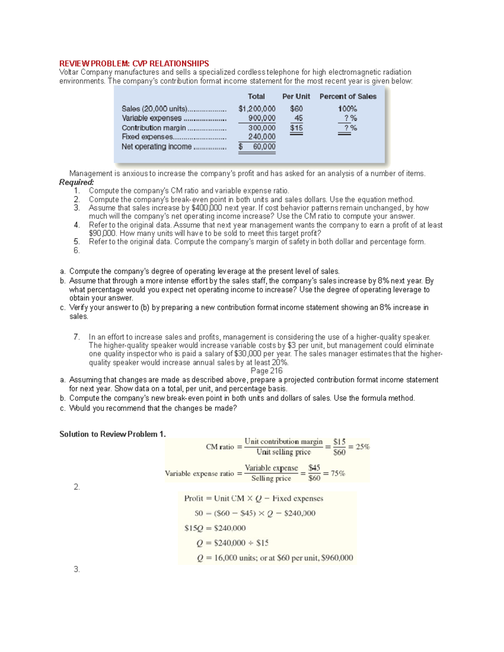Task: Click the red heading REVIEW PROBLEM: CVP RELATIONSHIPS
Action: pyautogui.click(x=134, y=63)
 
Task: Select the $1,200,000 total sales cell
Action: pyautogui.click(x=257, y=109)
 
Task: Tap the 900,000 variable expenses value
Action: pyautogui.click(x=262, y=118)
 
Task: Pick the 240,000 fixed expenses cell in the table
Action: pyautogui.click(x=262, y=137)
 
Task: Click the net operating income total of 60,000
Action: pyautogui.click(x=264, y=147)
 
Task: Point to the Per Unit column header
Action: pyautogui.click(x=296, y=97)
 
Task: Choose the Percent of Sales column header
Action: pyautogui.click(x=348, y=97)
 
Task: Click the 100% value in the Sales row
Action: pyautogui.click(x=347, y=109)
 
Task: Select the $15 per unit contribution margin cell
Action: pyautogui.click(x=296, y=128)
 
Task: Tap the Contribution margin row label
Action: pyautogui.click(x=154, y=128)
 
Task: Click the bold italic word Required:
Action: pyautogui.click(x=76, y=182)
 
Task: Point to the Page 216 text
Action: pyautogui.click(x=266, y=371)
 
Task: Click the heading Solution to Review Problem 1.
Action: pyautogui.click(x=113, y=434)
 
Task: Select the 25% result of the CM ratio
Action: pyautogui.click(x=363, y=447)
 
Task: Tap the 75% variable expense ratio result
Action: pyautogui.click(x=338, y=474)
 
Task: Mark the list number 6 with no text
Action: pyautogui.click(x=76, y=251)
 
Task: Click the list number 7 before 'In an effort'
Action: pyautogui.click(x=76, y=337)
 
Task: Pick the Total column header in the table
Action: pyautogui.click(x=256, y=97)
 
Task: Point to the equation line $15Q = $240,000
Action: pyautogui.click(x=215, y=528)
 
